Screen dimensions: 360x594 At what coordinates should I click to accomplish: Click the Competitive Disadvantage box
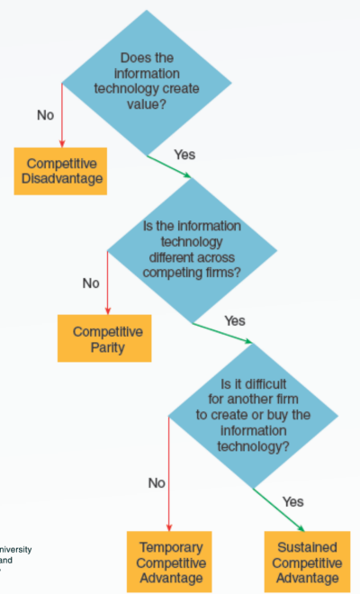coord(60,171)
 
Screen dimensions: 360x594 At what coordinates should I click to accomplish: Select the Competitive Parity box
coord(104,338)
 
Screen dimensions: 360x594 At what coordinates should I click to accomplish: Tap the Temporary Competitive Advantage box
coord(169,562)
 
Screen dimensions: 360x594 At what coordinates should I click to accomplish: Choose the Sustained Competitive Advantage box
coord(307,562)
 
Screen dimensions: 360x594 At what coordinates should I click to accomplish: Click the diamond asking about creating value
coord(147,83)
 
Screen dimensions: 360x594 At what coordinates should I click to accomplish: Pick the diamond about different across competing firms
coord(193,250)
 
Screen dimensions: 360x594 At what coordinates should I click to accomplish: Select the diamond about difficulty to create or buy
coord(253,416)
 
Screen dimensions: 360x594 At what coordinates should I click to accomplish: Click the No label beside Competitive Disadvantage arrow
coord(46,115)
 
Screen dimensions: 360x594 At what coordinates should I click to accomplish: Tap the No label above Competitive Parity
coord(91,283)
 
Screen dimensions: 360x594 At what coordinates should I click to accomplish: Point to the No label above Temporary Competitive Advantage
coord(157,483)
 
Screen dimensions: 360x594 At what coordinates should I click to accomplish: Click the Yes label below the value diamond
coord(184,155)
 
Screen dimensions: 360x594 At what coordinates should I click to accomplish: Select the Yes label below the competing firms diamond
coord(235,321)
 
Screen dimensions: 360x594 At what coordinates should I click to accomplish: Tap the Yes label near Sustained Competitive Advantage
coord(292,502)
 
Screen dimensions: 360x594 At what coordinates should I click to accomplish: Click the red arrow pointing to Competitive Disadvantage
coord(62,115)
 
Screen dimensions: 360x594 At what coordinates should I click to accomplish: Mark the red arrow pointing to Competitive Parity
coord(108,283)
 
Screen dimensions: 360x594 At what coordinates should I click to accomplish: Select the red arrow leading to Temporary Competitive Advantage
coord(169,473)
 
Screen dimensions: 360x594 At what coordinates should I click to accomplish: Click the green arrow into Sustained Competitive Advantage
coord(279,510)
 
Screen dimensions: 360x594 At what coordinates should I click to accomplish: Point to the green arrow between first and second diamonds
coord(169,166)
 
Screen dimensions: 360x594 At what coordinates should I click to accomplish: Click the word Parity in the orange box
coord(108,347)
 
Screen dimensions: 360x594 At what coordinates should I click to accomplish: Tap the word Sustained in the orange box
coord(307,547)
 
